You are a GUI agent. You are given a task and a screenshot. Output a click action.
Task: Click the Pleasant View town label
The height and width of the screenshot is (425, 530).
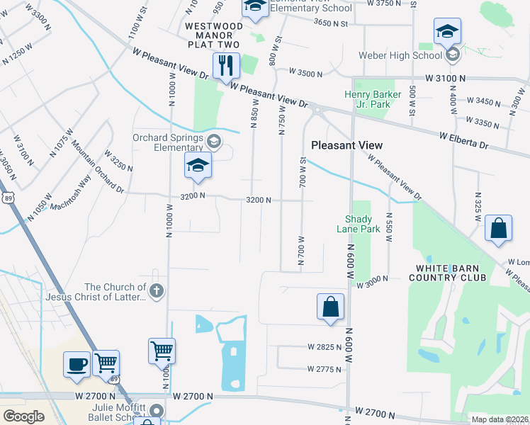[347, 145]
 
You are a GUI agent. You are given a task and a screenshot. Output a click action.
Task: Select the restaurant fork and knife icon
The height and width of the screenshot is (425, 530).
[227, 66]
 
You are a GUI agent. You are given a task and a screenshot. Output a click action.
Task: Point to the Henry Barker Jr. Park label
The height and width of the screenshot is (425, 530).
[368, 99]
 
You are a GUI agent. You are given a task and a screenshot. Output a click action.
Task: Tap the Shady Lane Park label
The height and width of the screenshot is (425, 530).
[362, 224]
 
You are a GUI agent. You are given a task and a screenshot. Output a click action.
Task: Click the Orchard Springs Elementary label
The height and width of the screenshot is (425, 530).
[167, 143]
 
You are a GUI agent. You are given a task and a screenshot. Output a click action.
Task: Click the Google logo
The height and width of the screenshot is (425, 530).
[23, 416]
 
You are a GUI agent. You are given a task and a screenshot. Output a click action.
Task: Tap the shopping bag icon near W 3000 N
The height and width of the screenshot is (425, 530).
[331, 307]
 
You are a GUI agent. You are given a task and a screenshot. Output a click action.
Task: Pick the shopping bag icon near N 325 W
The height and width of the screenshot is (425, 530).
[498, 229]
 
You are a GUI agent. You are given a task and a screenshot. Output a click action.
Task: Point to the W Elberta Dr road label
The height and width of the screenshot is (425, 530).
[464, 140]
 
